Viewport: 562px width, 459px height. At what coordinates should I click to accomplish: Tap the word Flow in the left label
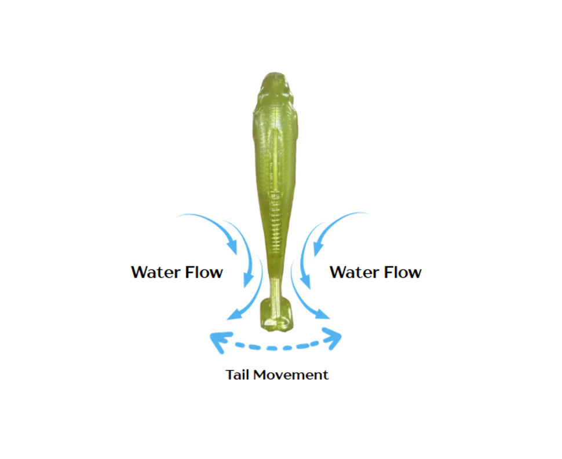[204, 272]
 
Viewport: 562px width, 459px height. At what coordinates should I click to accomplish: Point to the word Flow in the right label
[403, 272]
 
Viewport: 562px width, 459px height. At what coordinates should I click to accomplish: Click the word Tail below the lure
[238, 375]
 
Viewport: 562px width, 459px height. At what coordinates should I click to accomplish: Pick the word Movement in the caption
[291, 375]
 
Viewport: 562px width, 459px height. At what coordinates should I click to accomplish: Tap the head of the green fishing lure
[275, 90]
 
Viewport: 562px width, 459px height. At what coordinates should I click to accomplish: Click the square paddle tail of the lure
[276, 314]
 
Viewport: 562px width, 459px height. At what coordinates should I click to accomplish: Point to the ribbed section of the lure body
[276, 222]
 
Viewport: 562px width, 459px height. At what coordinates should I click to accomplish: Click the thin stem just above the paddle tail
[275, 285]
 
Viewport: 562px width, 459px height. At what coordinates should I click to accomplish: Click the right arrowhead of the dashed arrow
[333, 338]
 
